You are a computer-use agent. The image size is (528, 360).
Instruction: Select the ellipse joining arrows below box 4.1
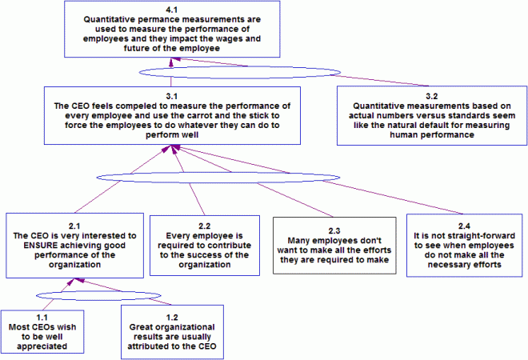click(x=210, y=73)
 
